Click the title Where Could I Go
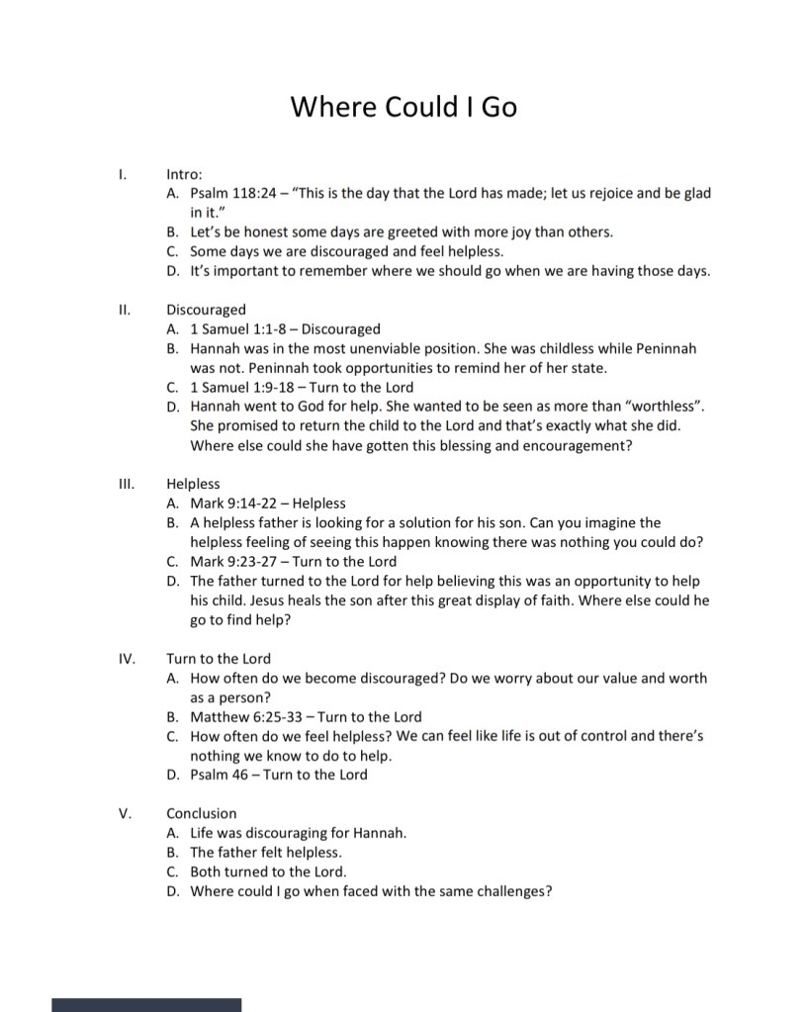404,107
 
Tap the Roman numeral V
125,813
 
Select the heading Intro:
184,174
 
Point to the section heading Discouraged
206,310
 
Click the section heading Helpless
193,484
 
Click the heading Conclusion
202,813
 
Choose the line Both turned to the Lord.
268,872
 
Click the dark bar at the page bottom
146,1004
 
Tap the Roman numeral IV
126,658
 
